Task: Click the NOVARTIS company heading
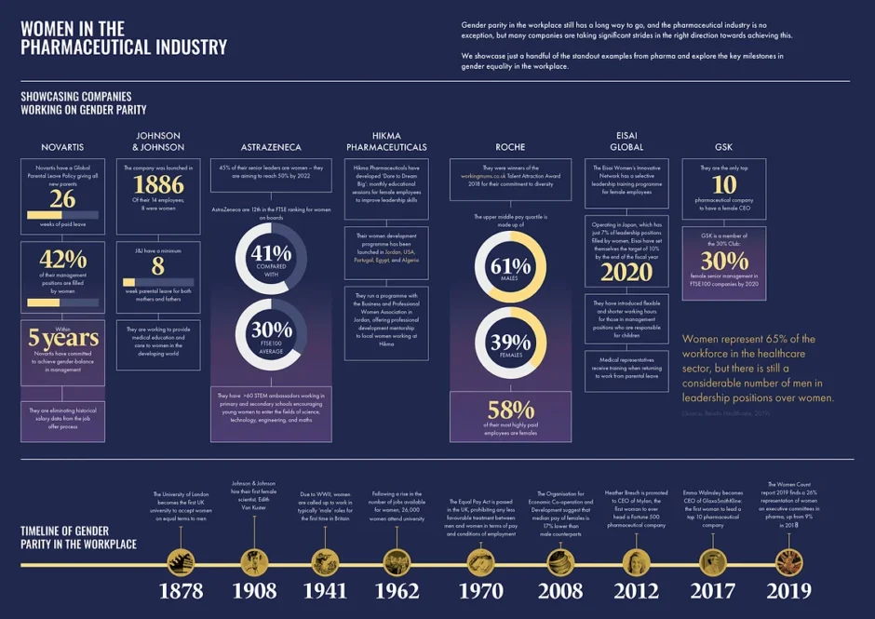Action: point(62,147)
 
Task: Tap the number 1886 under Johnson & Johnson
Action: point(158,183)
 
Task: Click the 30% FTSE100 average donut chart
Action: point(272,333)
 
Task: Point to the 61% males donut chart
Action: point(510,266)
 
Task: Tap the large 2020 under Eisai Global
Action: point(626,272)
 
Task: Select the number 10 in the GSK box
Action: point(724,183)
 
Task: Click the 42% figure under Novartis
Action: point(62,260)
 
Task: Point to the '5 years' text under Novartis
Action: point(62,338)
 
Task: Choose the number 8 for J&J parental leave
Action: point(158,265)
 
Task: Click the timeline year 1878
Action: point(181,590)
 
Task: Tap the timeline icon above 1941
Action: point(326,561)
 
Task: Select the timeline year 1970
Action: point(480,590)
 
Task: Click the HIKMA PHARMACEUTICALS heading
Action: point(386,141)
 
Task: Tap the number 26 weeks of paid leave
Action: point(62,199)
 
